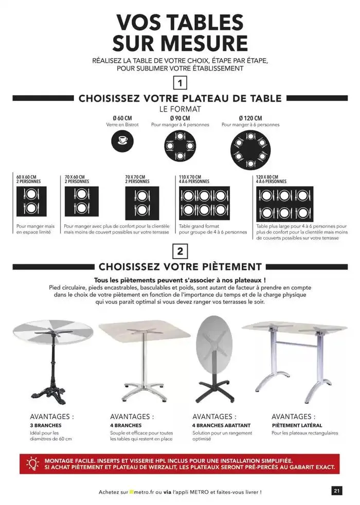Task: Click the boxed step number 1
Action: click(x=180, y=83)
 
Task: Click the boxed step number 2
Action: click(x=180, y=251)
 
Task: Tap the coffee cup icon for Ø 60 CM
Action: click(x=122, y=141)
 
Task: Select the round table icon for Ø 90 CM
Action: click(x=180, y=146)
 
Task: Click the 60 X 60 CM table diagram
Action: click(x=31, y=201)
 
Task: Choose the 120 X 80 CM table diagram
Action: click(x=284, y=204)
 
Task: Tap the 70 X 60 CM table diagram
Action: click(x=81, y=201)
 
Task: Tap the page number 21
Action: click(x=337, y=491)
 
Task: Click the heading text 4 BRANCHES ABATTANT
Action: click(x=221, y=425)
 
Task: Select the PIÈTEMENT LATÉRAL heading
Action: click(x=297, y=425)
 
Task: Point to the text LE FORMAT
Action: click(x=180, y=109)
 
